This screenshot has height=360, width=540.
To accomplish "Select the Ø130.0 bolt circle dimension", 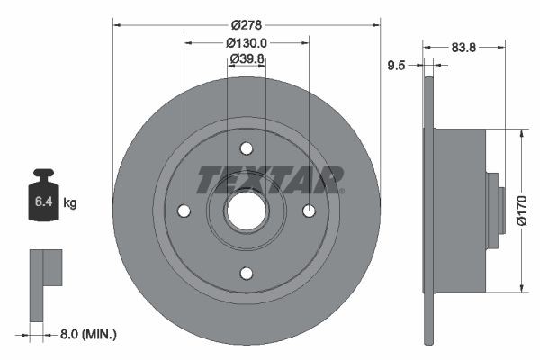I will pyautogui.click(x=247, y=42).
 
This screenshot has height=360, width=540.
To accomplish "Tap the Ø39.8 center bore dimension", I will pyautogui.click(x=247, y=59).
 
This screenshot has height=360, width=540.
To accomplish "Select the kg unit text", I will pyautogui.click(x=70, y=204).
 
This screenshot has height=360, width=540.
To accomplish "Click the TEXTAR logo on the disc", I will pyautogui.click(x=270, y=180).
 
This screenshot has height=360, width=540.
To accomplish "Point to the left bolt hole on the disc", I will pyautogui.click(x=184, y=211).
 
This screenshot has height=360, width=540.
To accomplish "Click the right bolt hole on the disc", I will pyautogui.click(x=309, y=211).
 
